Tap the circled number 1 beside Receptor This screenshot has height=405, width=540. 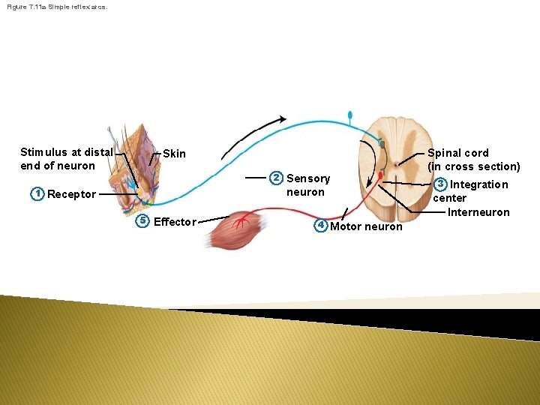[x=36, y=193]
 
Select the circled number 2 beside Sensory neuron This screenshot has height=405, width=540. [x=276, y=178]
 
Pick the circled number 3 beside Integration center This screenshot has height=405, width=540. [x=441, y=184]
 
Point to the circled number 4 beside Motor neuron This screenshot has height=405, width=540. [x=320, y=225]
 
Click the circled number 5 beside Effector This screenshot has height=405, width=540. [x=142, y=220]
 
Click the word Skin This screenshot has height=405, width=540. [x=174, y=154]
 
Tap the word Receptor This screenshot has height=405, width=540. [x=71, y=194]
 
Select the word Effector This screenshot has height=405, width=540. [x=175, y=221]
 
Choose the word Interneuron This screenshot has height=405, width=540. [x=478, y=212]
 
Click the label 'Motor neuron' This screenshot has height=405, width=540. [x=366, y=226]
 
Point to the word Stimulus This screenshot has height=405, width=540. [x=43, y=152]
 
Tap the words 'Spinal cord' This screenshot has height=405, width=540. [x=457, y=153]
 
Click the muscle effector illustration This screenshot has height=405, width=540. [x=236, y=229]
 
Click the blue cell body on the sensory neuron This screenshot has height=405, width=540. [x=349, y=115]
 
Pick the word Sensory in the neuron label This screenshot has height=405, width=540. [x=307, y=178]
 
